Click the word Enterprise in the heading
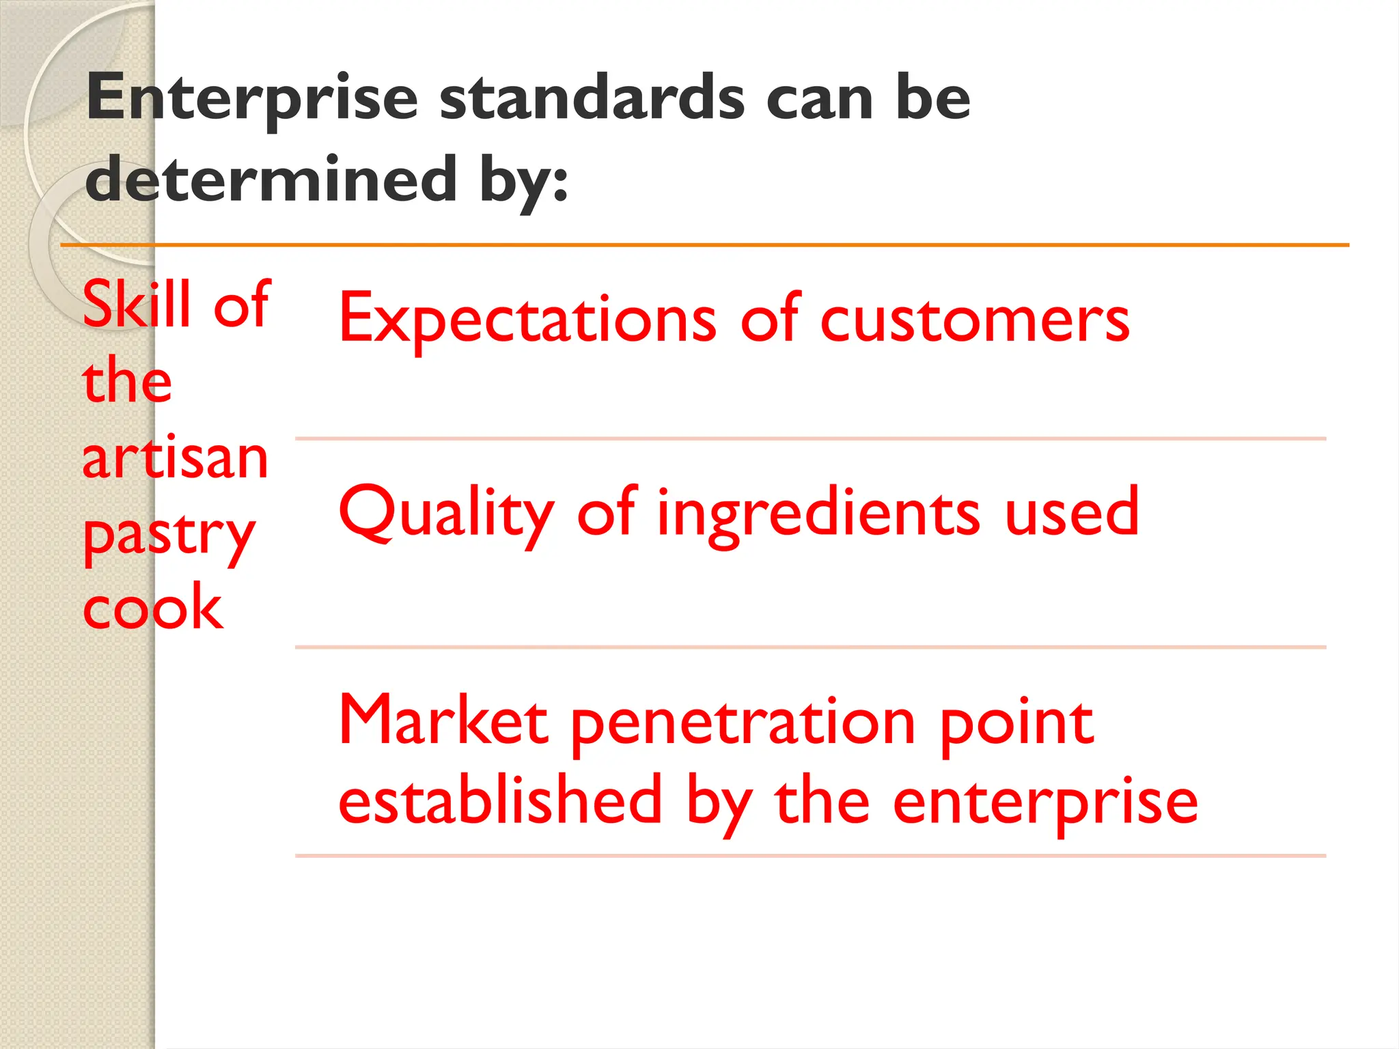(x=252, y=100)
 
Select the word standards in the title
(x=592, y=98)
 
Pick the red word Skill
(x=137, y=305)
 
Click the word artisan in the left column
(x=175, y=458)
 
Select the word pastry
(x=168, y=537)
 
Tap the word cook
(x=152, y=608)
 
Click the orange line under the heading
(x=704, y=244)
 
